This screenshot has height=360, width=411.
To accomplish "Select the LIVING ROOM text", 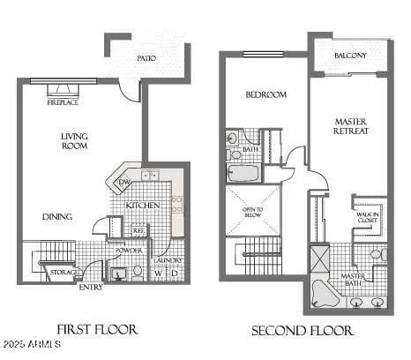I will point(74,141).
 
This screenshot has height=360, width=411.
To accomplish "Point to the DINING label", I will point(56,216).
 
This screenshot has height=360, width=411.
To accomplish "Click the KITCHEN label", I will point(142,206).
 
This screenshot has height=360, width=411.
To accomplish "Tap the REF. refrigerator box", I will point(138,230).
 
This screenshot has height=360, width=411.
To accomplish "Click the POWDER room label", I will point(130,251).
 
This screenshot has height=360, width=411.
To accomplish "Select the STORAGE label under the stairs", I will point(62,273).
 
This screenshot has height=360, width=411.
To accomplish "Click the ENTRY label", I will point(91,287).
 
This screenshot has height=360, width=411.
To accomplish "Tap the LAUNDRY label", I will point(168,260).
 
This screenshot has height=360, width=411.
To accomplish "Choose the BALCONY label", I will point(350,56).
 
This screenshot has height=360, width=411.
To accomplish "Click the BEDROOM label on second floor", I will point(265,95).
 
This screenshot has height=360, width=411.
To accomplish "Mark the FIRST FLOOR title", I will point(97,330).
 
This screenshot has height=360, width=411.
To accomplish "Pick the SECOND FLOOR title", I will point(303,331).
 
